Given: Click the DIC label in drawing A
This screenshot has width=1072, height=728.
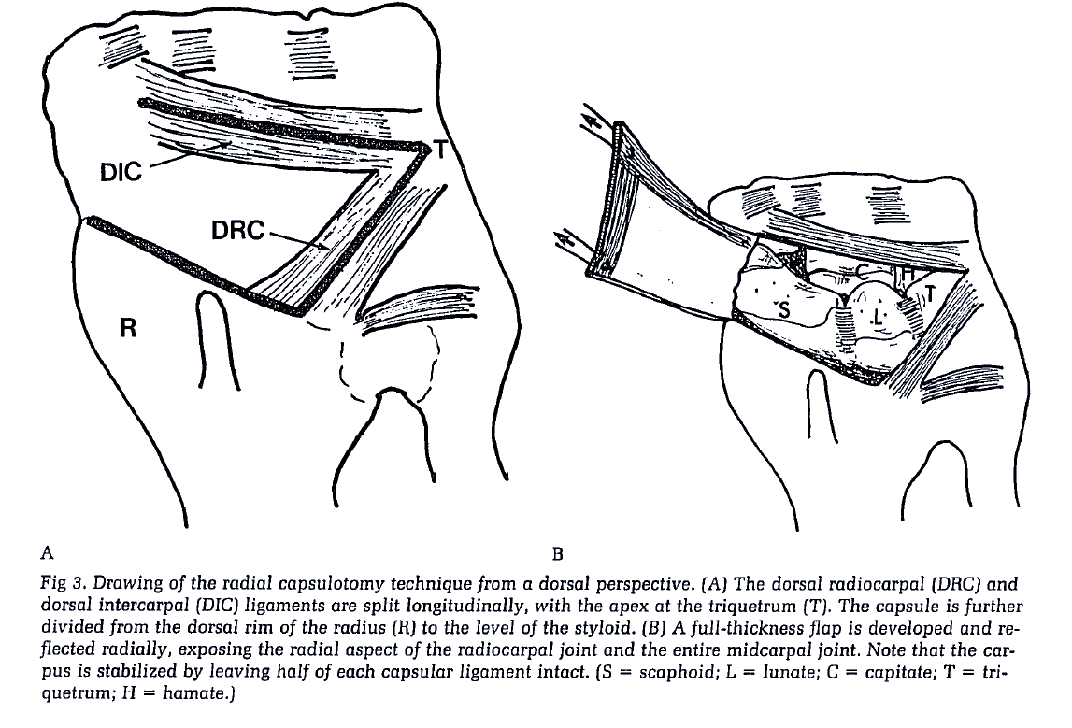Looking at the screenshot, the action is coord(121,171).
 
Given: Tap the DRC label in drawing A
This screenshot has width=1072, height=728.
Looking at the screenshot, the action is coord(238,229).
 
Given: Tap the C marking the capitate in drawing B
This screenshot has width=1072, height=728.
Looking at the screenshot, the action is coord(865,270).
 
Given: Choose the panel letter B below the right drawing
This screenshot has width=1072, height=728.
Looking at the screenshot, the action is coord(558,551).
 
